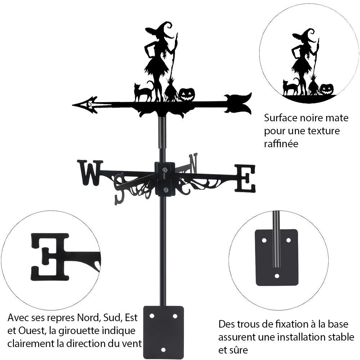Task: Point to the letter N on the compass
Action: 193,162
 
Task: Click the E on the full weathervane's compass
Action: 245,178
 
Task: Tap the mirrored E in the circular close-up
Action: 50,256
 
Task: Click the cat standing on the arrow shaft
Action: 143,93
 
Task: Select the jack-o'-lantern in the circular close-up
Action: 327,89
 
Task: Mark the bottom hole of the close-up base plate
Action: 277,276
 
